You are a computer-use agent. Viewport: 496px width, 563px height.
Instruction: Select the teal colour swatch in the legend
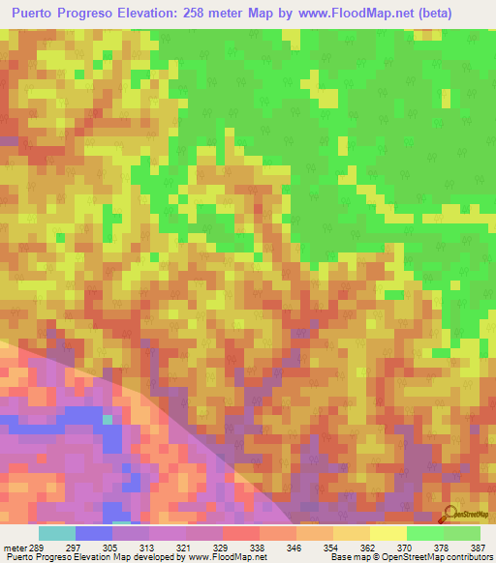[56, 533]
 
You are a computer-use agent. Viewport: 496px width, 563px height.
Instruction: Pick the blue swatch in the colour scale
[94, 533]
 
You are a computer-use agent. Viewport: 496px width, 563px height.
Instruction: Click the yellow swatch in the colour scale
[387, 533]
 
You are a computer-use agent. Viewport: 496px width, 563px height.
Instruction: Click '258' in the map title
[209, 13]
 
